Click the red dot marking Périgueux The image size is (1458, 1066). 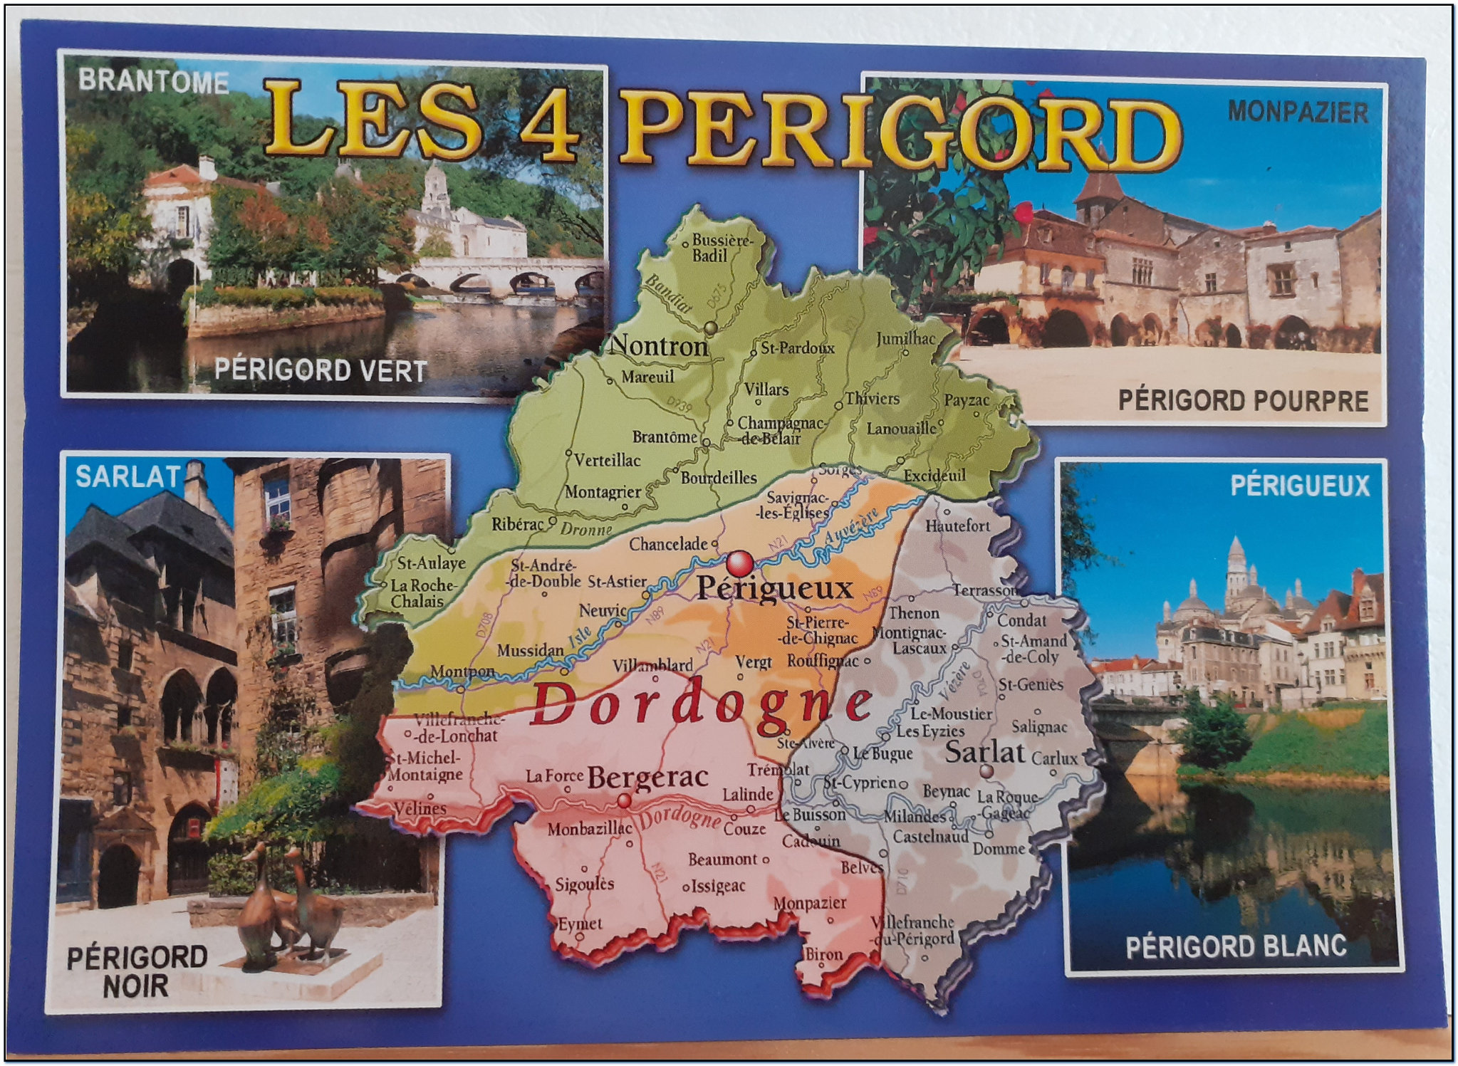740,563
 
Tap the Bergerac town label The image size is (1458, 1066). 647,777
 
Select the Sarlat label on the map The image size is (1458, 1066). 984,752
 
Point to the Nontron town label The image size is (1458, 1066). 660,346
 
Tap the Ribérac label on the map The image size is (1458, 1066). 517,525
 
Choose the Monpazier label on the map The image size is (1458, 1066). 810,903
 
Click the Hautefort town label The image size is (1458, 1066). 957,526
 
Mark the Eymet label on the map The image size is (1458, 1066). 580,924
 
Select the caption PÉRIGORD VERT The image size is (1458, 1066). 320,370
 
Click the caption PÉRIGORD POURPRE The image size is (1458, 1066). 1243,400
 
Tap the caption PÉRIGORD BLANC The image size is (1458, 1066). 1236,947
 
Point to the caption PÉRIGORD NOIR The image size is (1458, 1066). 136,971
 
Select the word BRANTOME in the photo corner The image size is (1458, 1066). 153,81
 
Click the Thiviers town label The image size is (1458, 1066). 873,399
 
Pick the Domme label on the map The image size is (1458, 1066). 999,849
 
